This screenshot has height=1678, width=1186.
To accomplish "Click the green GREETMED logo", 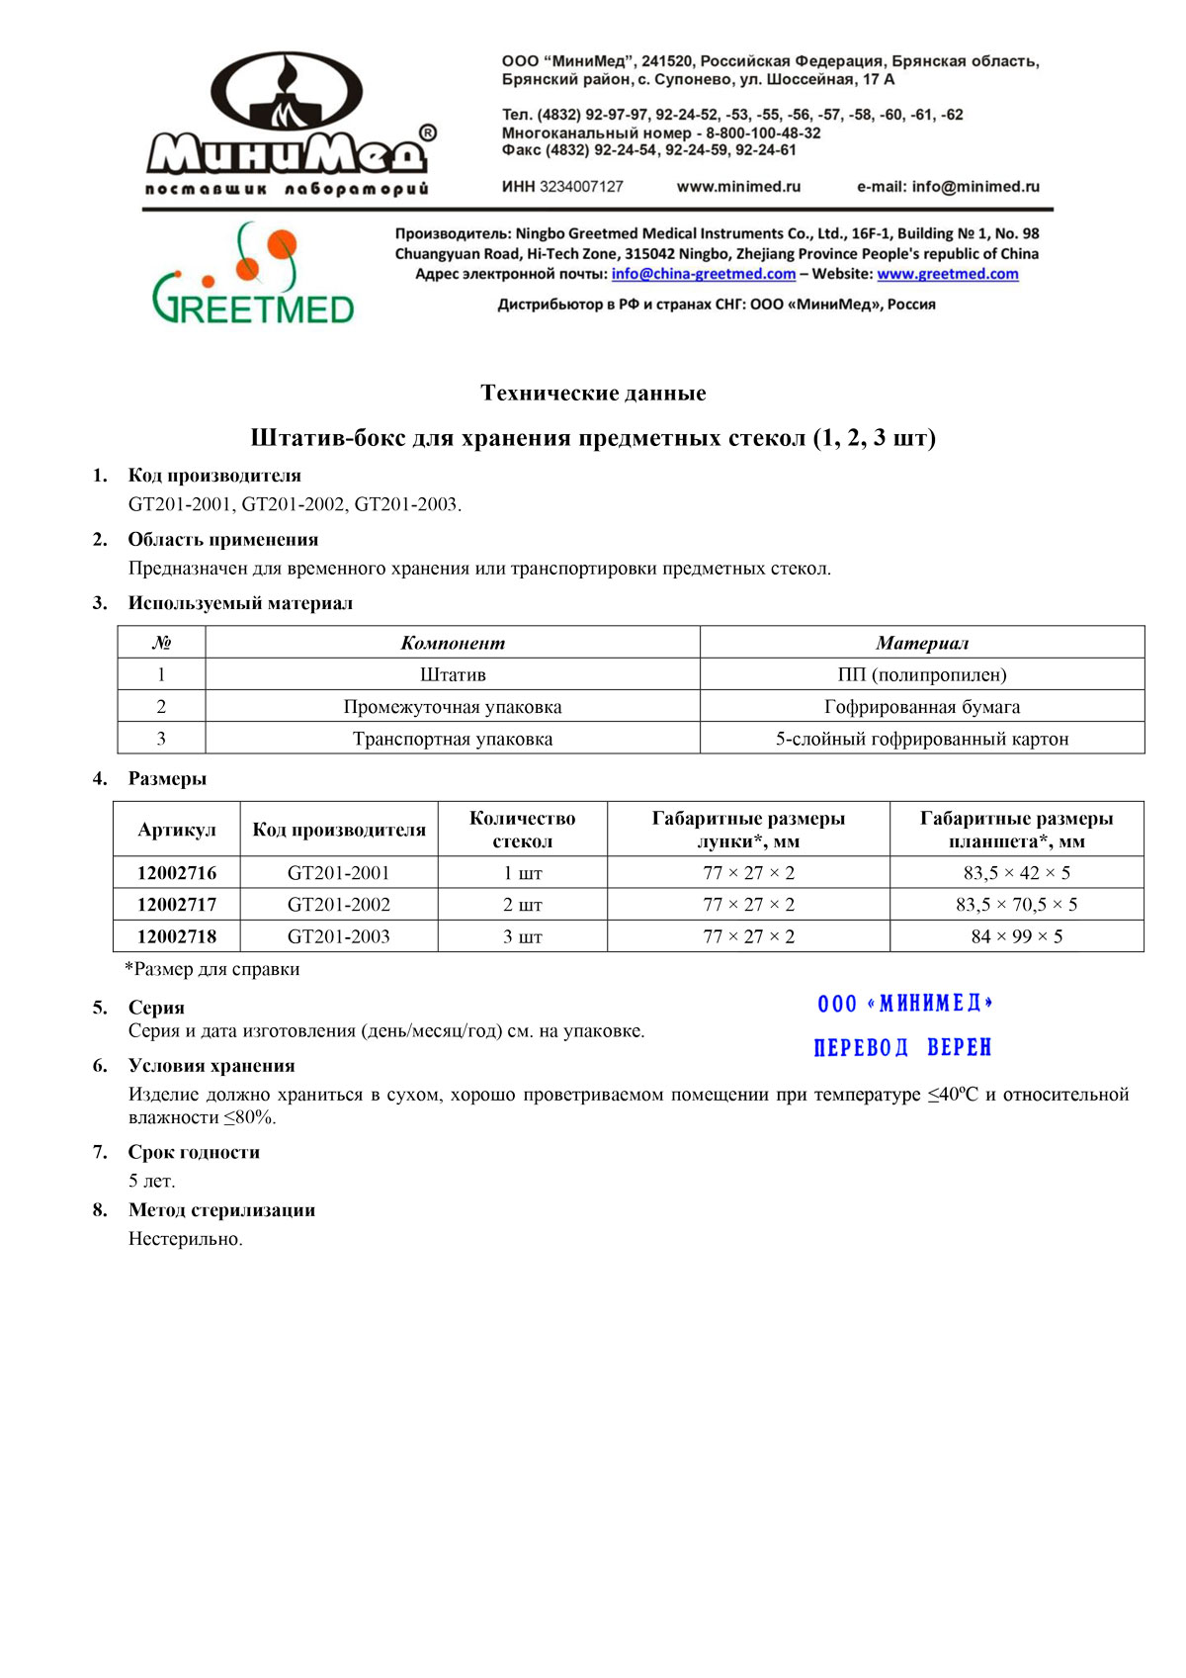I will [x=254, y=274].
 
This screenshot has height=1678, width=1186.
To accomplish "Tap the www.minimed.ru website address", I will [x=738, y=186].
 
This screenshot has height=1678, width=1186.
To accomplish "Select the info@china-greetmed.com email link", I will [x=703, y=274].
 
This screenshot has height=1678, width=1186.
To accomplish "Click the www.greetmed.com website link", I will [x=947, y=274].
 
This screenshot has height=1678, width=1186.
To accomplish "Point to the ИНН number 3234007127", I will [x=581, y=186].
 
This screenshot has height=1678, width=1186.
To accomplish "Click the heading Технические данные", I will [x=593, y=393].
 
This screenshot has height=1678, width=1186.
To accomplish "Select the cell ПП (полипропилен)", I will [x=921, y=674].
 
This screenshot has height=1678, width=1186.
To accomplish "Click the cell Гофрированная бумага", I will [x=921, y=706].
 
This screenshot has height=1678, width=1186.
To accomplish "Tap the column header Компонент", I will [x=453, y=643].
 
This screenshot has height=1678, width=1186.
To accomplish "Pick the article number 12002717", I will [x=177, y=904].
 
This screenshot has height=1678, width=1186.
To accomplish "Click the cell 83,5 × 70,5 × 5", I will [x=1016, y=904].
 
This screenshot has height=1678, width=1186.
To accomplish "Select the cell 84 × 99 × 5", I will [x=1016, y=935].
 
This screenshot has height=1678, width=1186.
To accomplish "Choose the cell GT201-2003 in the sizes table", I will [x=339, y=935].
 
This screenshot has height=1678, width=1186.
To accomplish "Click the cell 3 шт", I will [x=522, y=935].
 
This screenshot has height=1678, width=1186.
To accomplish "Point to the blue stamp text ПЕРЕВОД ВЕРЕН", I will [x=902, y=1047].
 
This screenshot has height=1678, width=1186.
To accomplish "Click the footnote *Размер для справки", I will [x=212, y=969].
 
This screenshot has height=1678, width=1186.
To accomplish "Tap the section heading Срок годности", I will [x=194, y=1152].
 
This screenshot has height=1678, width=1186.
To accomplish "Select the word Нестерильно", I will [x=185, y=1238].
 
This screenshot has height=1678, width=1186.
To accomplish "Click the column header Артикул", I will [x=177, y=829].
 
